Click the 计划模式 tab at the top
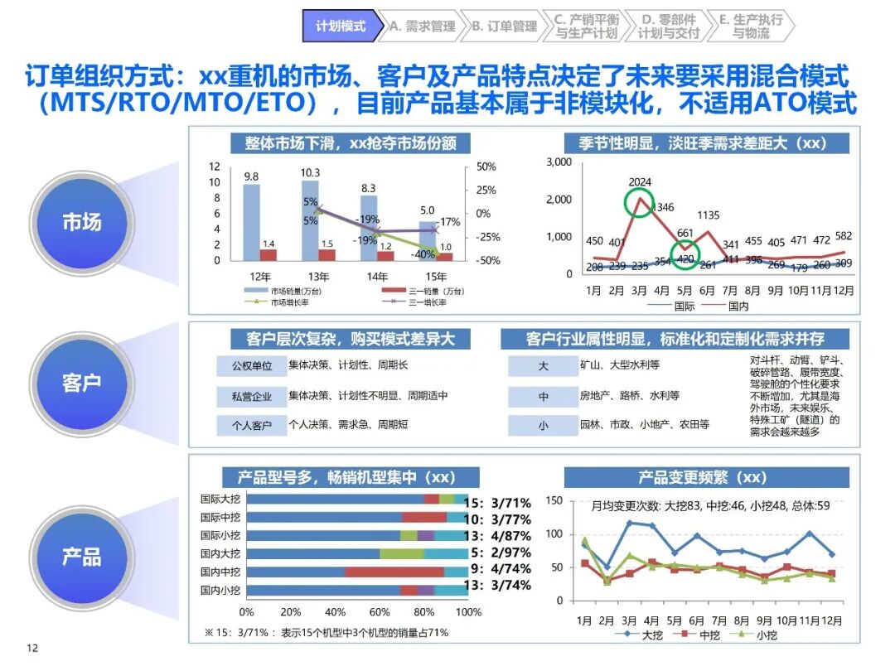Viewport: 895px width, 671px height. (340, 26)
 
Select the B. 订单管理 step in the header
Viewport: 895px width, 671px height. (504, 26)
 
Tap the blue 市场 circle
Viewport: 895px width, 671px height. (81, 222)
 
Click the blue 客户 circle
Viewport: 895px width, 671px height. (81, 383)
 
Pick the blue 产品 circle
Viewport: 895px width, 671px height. (81, 556)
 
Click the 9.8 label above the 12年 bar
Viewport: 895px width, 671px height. (251, 176)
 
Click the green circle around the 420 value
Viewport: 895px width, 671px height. (685, 258)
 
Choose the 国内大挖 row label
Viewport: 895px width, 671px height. (220, 553)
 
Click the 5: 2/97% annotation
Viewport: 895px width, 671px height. (501, 553)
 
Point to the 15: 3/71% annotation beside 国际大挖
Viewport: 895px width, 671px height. (497, 502)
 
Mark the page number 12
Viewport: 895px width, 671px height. (32, 648)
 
